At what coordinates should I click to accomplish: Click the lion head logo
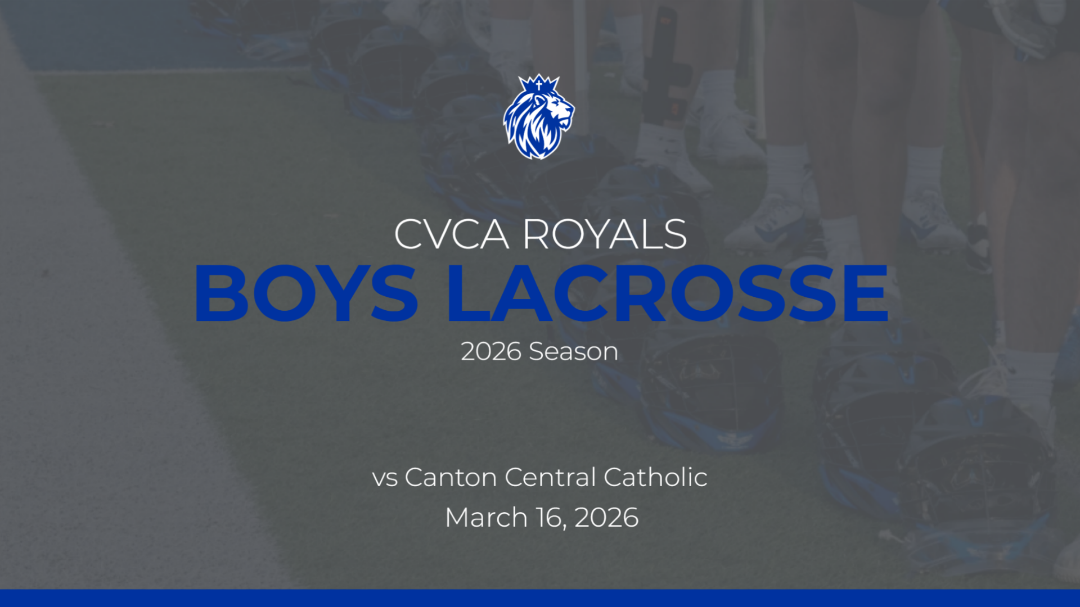pyautogui.click(x=538, y=117)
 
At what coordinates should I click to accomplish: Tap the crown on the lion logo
pyautogui.click(x=539, y=84)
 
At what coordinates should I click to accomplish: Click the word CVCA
pyautogui.click(x=451, y=234)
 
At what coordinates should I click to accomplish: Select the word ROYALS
pyautogui.click(x=605, y=234)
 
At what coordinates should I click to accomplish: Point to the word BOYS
pyautogui.click(x=307, y=293)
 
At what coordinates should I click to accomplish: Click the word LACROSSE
pyautogui.click(x=668, y=293)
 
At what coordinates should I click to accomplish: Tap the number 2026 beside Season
pyautogui.click(x=491, y=352)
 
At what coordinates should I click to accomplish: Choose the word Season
pyautogui.click(x=573, y=352)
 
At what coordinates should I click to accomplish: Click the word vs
pyautogui.click(x=385, y=478)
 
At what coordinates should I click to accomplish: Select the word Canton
pyautogui.click(x=451, y=477)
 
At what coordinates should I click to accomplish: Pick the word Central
pyautogui.click(x=550, y=477)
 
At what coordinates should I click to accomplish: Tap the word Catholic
pyautogui.click(x=655, y=477)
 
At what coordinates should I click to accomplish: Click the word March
pyautogui.click(x=486, y=517)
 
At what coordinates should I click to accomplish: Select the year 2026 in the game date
pyautogui.click(x=606, y=518)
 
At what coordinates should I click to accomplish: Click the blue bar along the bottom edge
pyautogui.click(x=540, y=598)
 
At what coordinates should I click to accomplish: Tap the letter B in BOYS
pyautogui.click(x=220, y=293)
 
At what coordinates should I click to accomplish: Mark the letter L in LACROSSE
pyautogui.click(x=469, y=293)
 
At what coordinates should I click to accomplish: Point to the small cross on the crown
pyautogui.click(x=539, y=85)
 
